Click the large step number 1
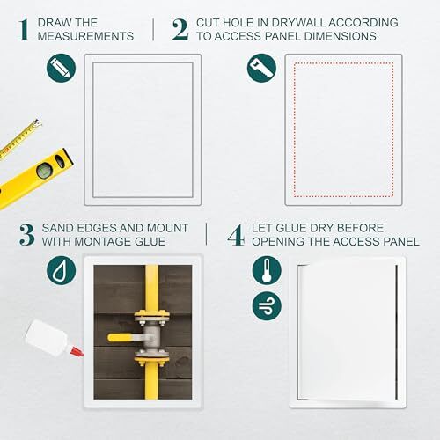pyautogui.click(x=24, y=29)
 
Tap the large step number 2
pyautogui.click(x=180, y=29)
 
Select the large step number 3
pyautogui.click(x=26, y=235)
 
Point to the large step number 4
pyautogui.click(x=234, y=235)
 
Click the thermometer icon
pyautogui.click(x=265, y=271)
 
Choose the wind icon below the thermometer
pyautogui.click(x=265, y=307)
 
